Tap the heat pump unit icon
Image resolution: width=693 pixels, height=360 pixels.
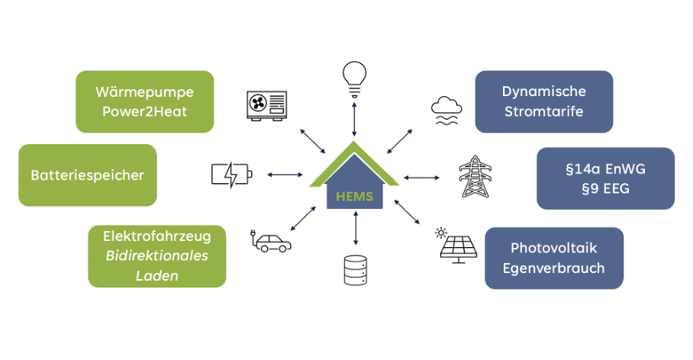tap(267, 104)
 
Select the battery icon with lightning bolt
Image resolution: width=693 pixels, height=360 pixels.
tap(230, 175)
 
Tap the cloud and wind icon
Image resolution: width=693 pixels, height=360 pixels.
tap(445, 110)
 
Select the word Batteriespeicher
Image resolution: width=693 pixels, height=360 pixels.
tap(87, 175)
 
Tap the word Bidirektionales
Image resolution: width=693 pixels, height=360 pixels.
tap(156, 256)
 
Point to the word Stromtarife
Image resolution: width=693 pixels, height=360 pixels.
tap(543, 111)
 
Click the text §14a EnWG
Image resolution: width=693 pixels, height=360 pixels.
tap(605, 169)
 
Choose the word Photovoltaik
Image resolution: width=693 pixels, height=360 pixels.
tap(553, 248)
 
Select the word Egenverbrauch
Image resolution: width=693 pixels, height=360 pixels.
tap(553, 268)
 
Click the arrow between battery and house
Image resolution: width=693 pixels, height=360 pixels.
tap(285, 175)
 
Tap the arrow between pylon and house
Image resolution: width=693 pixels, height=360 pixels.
tap(422, 178)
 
